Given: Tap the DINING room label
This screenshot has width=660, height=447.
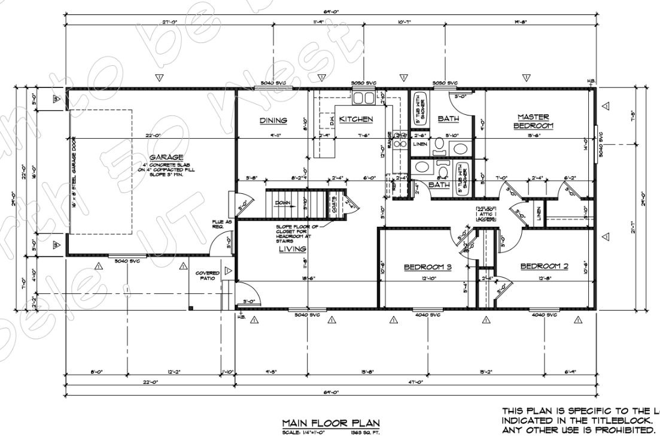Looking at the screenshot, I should click(273, 120).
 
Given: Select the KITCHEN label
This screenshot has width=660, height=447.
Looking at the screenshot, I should click(356, 120).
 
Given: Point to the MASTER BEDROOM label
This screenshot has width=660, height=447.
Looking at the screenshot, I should click(533, 121).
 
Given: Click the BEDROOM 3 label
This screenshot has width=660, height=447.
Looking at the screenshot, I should click(427, 266).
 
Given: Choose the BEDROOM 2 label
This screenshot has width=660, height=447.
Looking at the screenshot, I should click(543, 266).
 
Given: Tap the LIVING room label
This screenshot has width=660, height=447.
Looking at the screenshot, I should click(292, 249).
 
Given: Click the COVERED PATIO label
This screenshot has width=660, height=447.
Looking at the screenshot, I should click(208, 275).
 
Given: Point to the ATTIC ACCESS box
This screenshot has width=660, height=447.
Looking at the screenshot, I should click(484, 214).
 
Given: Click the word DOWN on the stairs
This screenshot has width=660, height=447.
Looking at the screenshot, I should click(283, 203).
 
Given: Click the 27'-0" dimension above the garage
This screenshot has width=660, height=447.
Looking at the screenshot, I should click(169, 23).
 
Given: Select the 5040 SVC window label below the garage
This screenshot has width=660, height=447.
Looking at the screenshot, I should click(127, 260).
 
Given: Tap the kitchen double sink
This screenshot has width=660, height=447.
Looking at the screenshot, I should click(363, 98).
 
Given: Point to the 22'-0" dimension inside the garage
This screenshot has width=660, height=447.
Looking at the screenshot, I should click(153, 136).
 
